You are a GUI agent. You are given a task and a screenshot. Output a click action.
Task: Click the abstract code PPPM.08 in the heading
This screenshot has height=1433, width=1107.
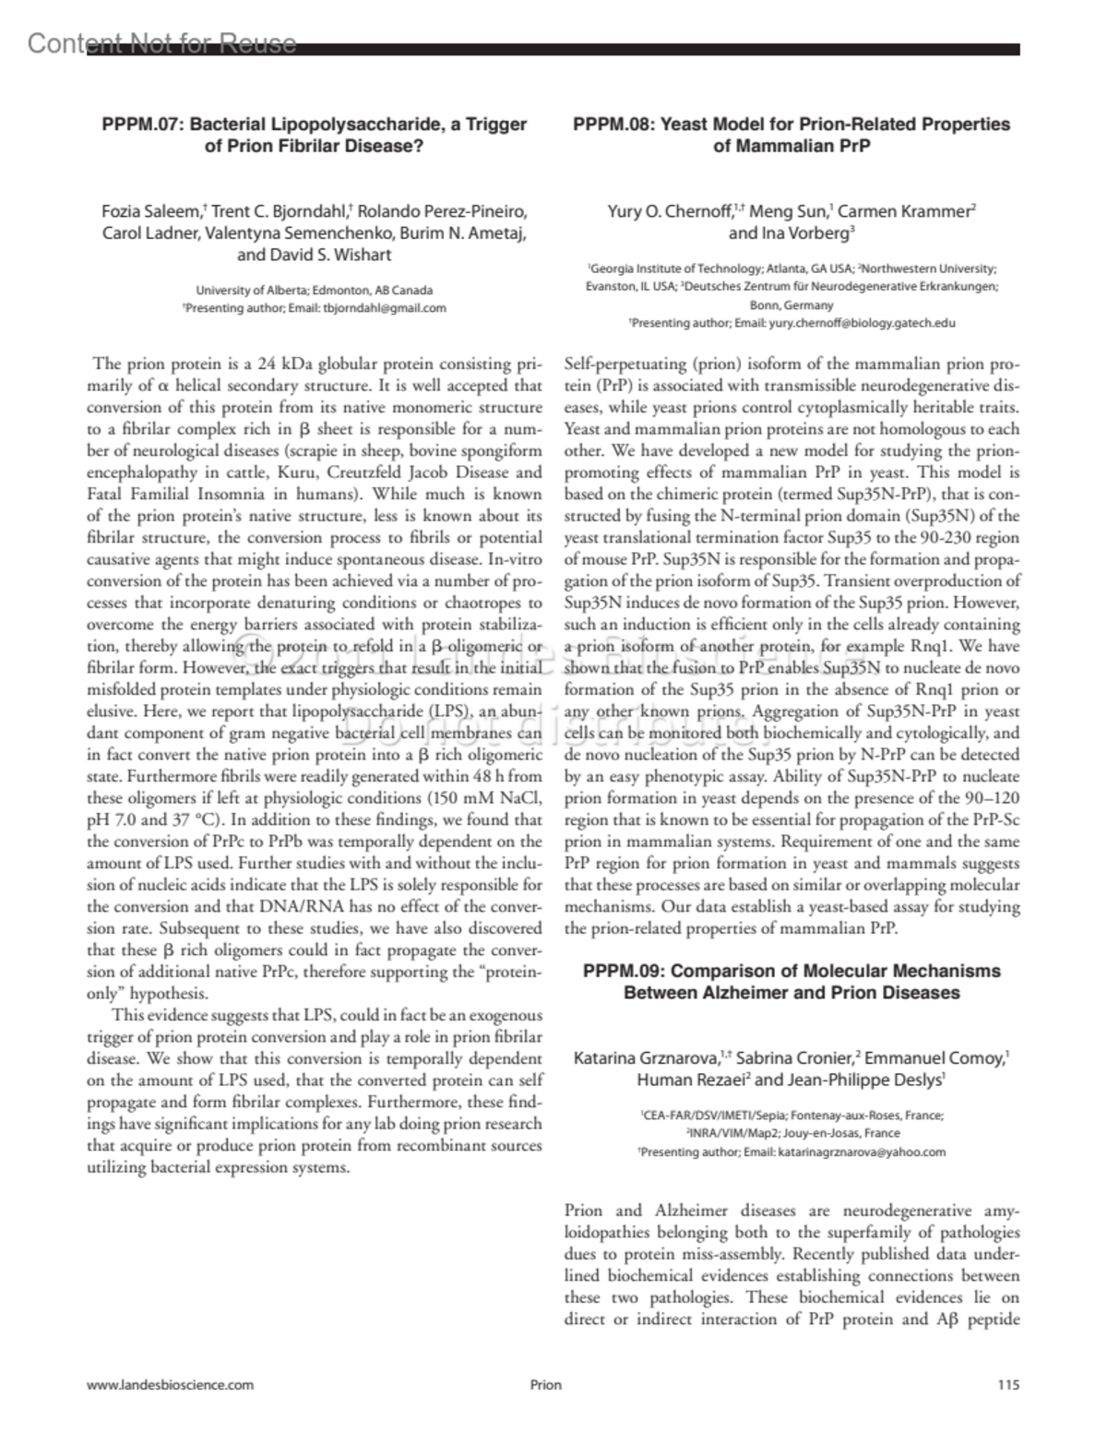click(x=615, y=125)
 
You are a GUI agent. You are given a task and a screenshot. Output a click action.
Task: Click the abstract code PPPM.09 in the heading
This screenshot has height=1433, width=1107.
click(x=627, y=971)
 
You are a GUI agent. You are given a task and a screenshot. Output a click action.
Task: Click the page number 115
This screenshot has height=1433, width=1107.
click(x=1008, y=1384)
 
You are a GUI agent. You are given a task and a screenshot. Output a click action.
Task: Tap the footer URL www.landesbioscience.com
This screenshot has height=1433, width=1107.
click(x=170, y=1384)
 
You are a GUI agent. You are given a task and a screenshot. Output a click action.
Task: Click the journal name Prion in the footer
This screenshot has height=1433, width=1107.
click(x=545, y=1384)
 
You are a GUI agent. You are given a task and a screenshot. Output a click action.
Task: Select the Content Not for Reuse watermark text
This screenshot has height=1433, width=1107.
click(x=162, y=43)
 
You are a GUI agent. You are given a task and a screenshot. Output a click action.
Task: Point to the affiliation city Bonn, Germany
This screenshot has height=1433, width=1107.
click(x=791, y=305)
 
